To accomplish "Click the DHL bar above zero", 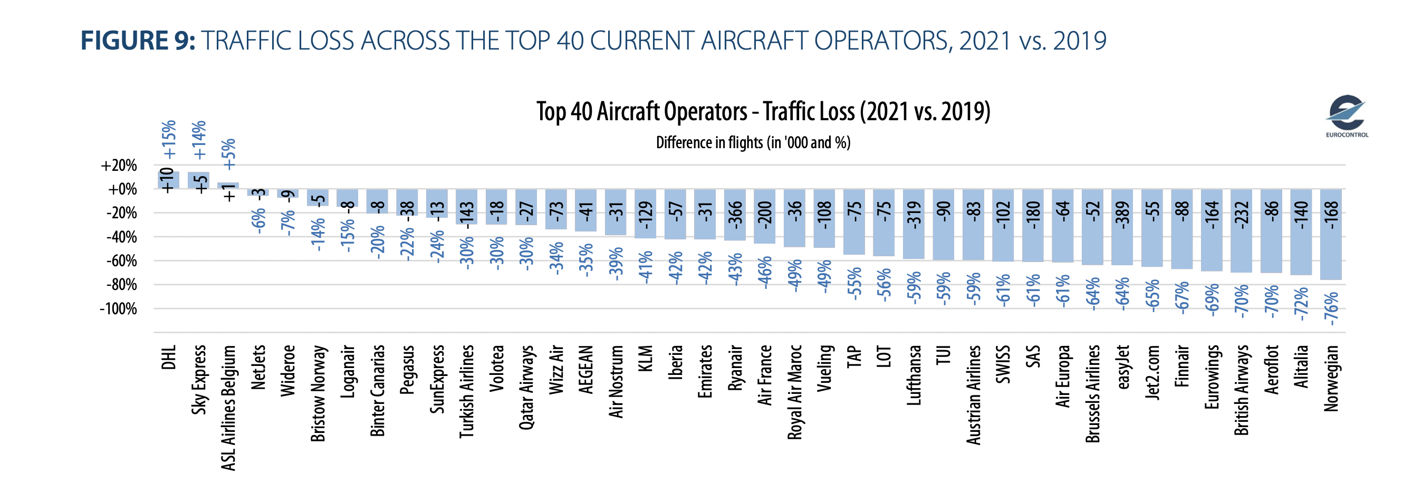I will [168, 180].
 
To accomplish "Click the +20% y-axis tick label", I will [119, 166].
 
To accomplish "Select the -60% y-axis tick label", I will [121, 261].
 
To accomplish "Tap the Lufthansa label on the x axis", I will [914, 375].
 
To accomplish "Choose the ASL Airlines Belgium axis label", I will [228, 408].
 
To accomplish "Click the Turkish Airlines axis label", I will [467, 392].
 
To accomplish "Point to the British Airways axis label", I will [1242, 391].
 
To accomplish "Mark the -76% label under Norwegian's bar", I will [1331, 308].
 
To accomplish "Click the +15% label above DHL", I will [168, 140].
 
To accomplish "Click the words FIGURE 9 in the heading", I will [138, 41].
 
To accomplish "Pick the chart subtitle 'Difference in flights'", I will [753, 143].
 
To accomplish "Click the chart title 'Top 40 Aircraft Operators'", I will [763, 111].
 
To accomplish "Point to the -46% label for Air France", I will [765, 273].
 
